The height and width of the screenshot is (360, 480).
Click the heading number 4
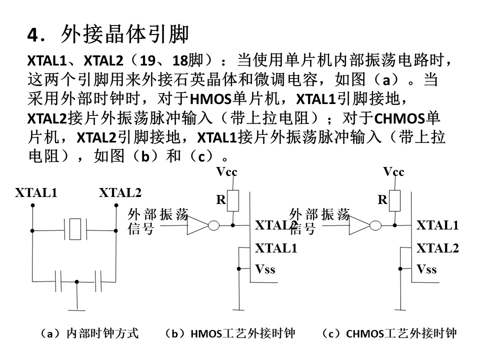point(33,35)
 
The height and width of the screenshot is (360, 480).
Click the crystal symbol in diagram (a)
point(75,229)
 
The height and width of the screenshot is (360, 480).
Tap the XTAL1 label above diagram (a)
point(36,193)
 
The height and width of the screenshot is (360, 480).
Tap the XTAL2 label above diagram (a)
point(120,193)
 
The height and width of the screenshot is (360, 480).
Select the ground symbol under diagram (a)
point(76,310)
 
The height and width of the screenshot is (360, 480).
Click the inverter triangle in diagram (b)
point(198,225)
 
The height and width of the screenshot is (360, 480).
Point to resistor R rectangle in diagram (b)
point(233,200)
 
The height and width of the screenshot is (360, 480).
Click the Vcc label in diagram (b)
point(226,171)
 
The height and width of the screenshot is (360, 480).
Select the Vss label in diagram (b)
point(265,269)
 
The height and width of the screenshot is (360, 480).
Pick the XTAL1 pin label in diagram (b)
point(276,248)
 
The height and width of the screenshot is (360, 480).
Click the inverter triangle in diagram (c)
point(359,225)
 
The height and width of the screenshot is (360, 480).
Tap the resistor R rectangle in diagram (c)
point(394,200)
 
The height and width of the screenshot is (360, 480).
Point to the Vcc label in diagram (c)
point(393,171)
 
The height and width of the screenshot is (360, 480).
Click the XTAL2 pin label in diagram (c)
point(438,248)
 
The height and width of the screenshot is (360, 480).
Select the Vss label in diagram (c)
point(426,269)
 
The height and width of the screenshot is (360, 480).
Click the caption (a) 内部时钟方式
point(89,333)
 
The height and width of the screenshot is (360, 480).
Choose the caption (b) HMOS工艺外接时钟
point(230,333)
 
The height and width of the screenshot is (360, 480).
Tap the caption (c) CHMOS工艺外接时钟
point(389,333)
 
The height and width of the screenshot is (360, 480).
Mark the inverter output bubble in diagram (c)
point(375,226)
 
